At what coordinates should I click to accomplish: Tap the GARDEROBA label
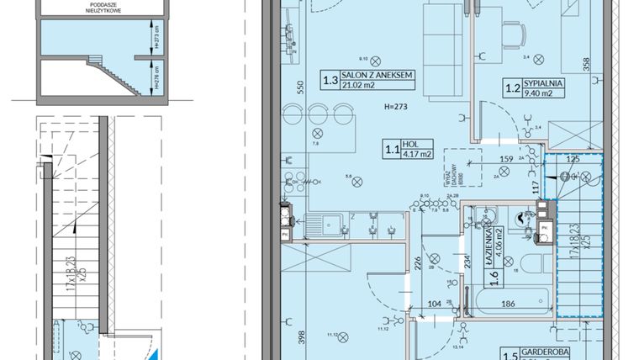pyautogui.click(x=549, y=354)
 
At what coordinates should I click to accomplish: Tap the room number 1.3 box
pyautogui.click(x=330, y=81)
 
